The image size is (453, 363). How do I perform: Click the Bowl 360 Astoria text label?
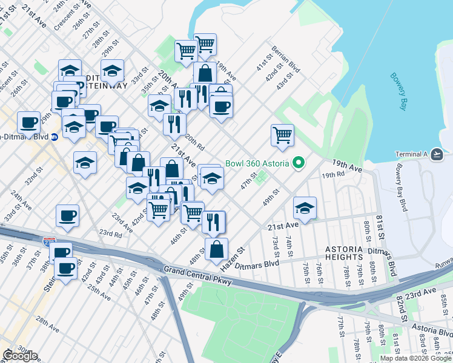click(257, 163)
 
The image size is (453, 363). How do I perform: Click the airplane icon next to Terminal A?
click(437, 155)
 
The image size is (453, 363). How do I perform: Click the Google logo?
click(20, 356)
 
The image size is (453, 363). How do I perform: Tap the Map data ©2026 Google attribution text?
click(415, 358)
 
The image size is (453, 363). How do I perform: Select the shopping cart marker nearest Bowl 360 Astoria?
click(282, 135)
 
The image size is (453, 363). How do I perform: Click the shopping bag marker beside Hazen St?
click(216, 249)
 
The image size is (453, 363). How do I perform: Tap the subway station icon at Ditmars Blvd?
click(54, 137)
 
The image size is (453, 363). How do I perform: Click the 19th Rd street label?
click(333, 175)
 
